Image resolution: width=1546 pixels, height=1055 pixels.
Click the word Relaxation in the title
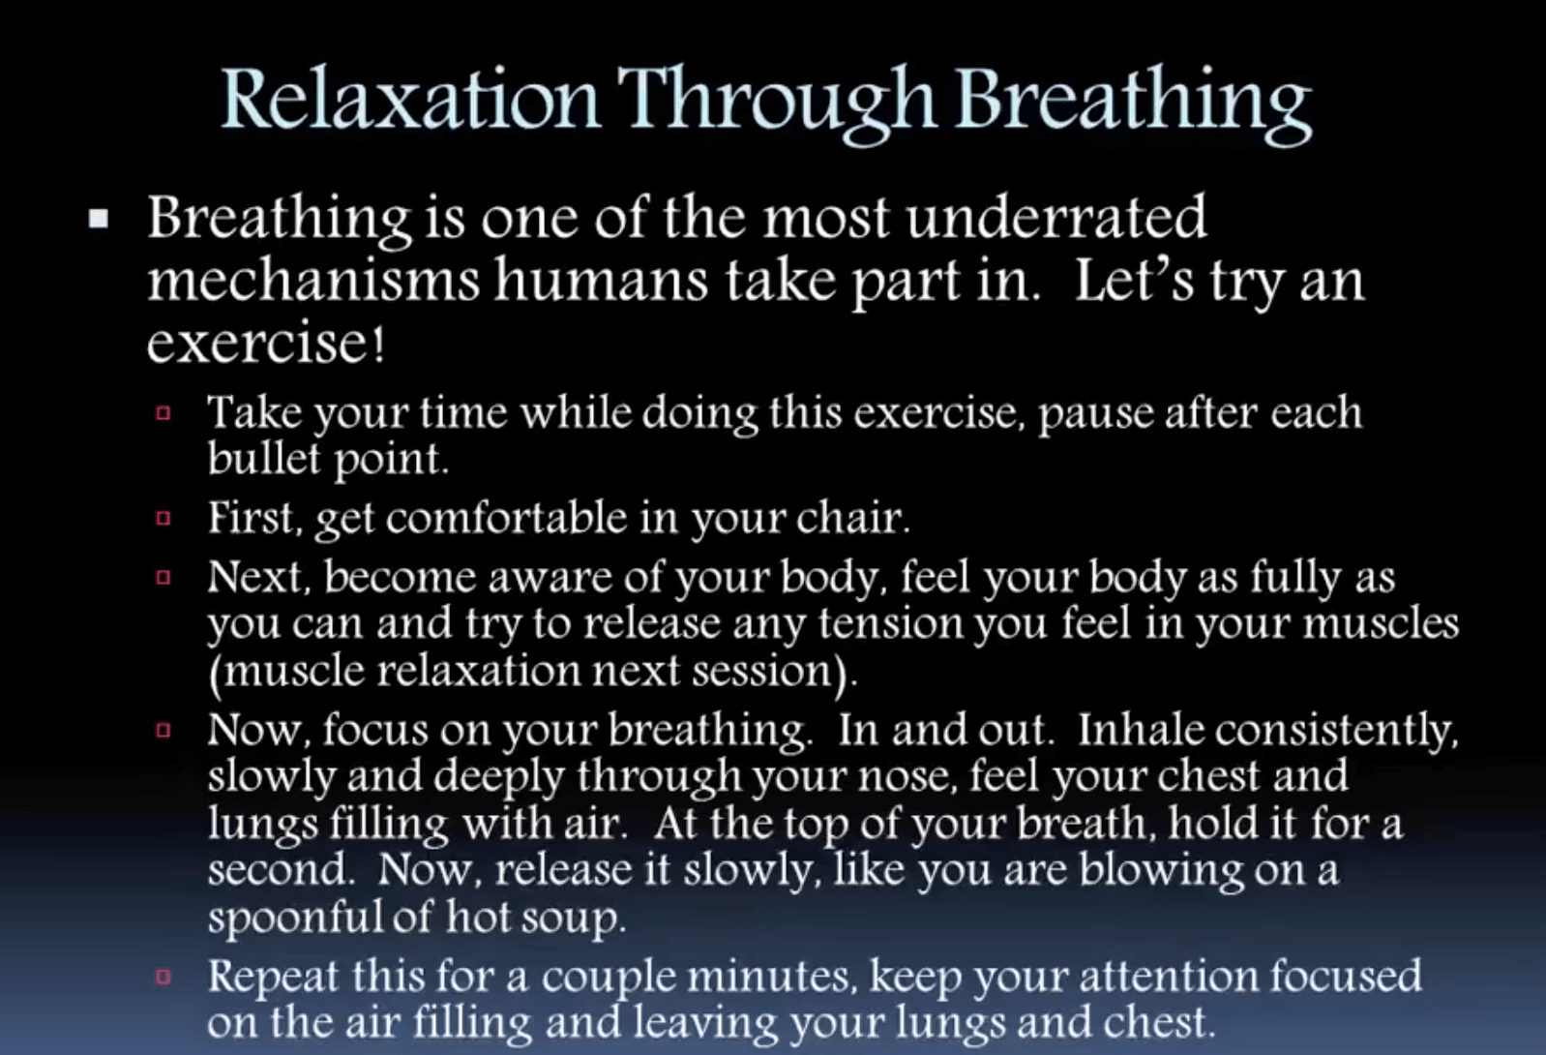tap(410, 99)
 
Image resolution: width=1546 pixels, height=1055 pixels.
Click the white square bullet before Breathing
tap(99, 219)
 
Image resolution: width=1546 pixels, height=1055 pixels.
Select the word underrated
tap(1055, 217)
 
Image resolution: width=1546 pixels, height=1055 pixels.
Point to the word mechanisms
tap(314, 281)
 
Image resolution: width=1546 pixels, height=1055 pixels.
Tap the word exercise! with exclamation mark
tap(266, 344)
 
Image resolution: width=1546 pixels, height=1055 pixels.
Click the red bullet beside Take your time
tap(164, 413)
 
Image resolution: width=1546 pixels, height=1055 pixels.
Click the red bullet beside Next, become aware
tap(164, 577)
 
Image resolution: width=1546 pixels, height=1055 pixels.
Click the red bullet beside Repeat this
tap(164, 977)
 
